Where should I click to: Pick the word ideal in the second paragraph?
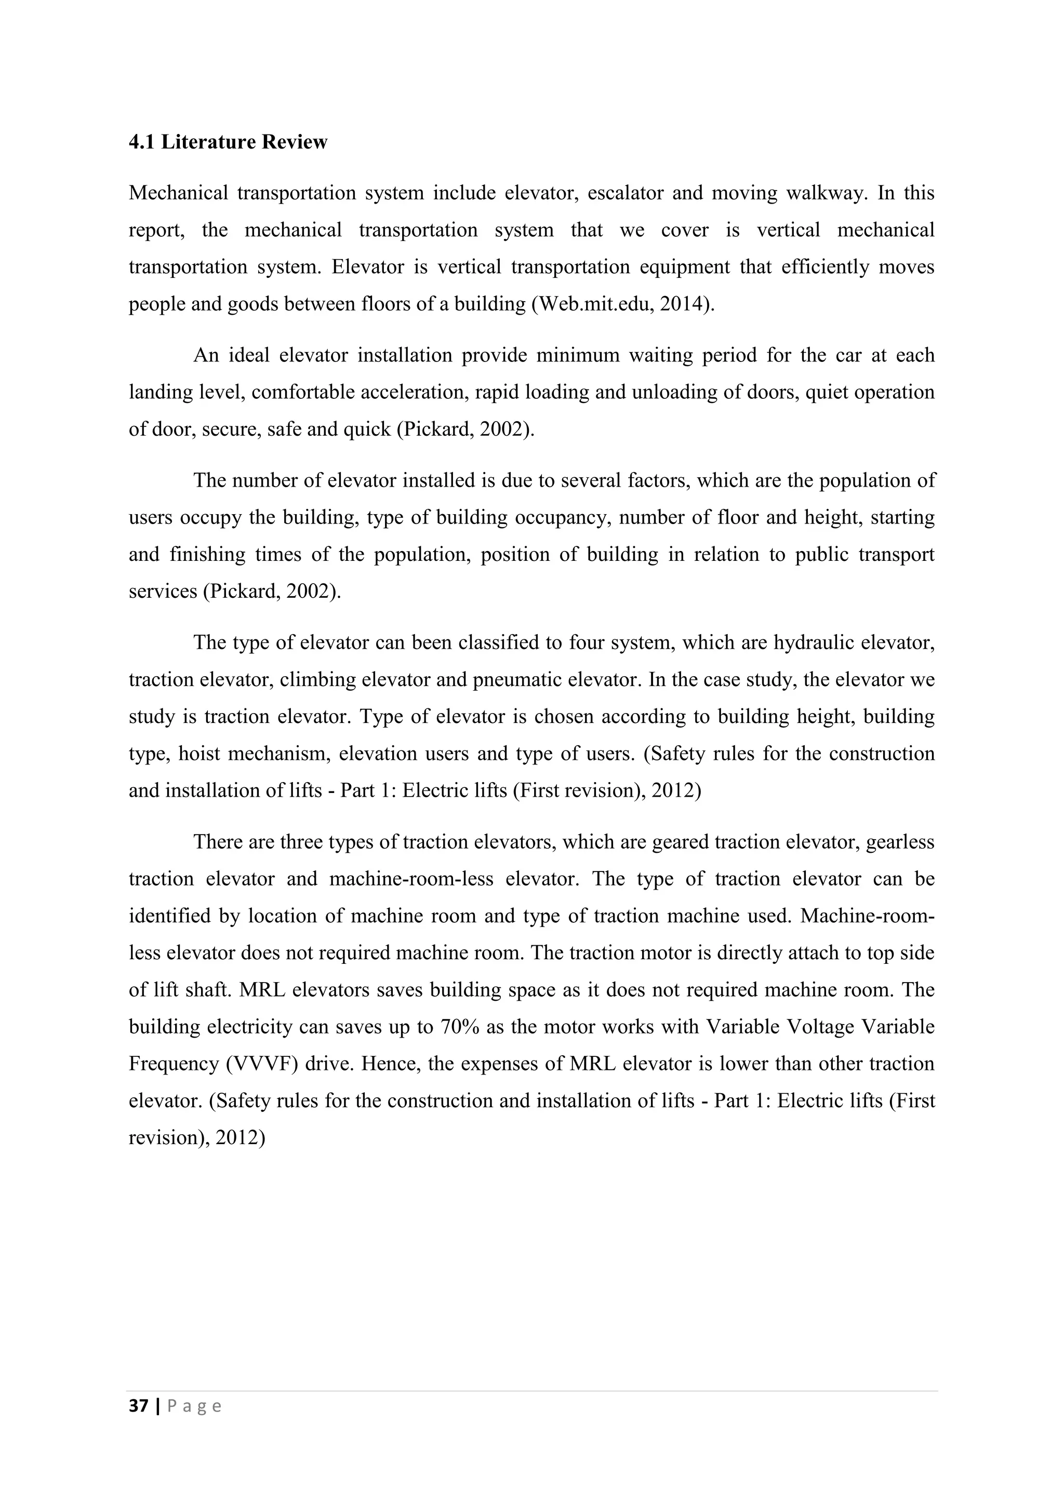pyautogui.click(x=249, y=356)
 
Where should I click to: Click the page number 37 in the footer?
pyautogui.click(x=138, y=1406)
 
